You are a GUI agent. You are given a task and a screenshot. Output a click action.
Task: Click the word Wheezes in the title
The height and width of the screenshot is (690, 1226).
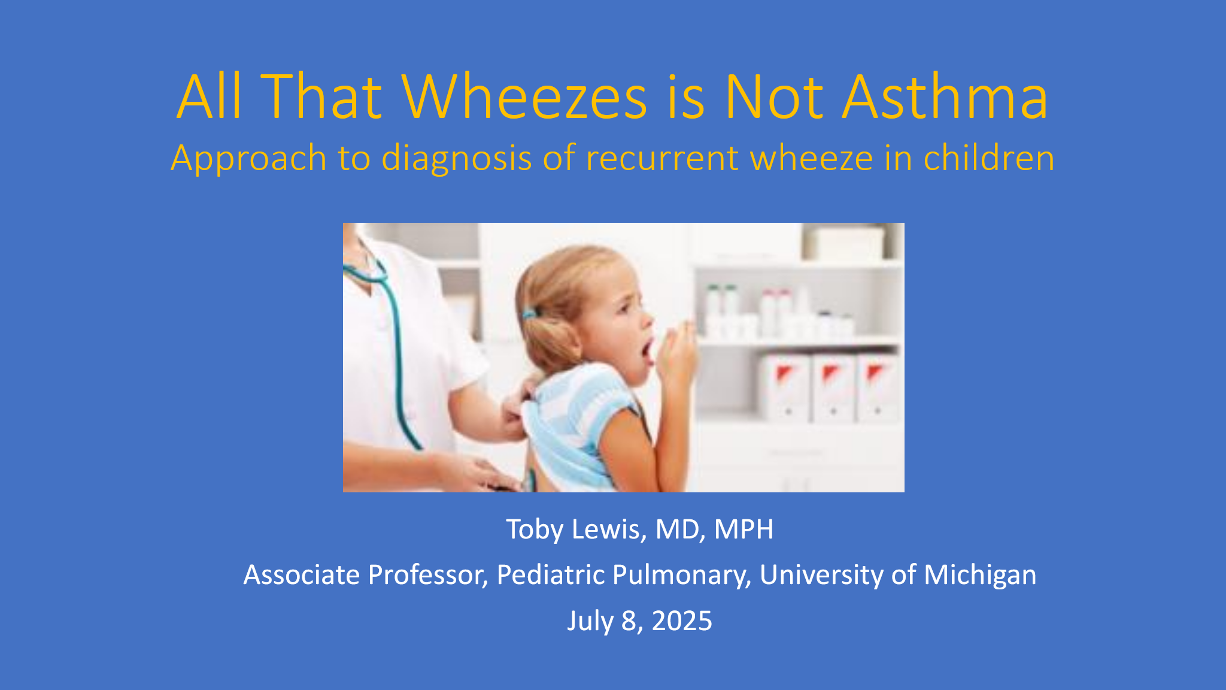coord(525,97)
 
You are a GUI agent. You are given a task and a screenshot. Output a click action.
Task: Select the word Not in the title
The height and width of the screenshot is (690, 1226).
coord(774,97)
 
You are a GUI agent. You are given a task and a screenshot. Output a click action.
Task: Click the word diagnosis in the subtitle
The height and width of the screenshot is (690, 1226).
coord(457,159)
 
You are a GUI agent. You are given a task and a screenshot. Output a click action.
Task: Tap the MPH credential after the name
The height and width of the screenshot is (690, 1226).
coord(744,529)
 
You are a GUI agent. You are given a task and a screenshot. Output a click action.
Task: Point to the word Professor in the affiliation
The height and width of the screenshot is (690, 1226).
coord(428,576)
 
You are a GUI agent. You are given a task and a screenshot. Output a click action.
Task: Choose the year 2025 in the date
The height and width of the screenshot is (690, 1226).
coord(682,621)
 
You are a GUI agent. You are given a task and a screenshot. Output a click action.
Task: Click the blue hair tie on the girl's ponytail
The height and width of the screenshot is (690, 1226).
coord(529,313)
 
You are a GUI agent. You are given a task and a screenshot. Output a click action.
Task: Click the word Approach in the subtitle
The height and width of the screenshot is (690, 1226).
coord(248,159)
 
